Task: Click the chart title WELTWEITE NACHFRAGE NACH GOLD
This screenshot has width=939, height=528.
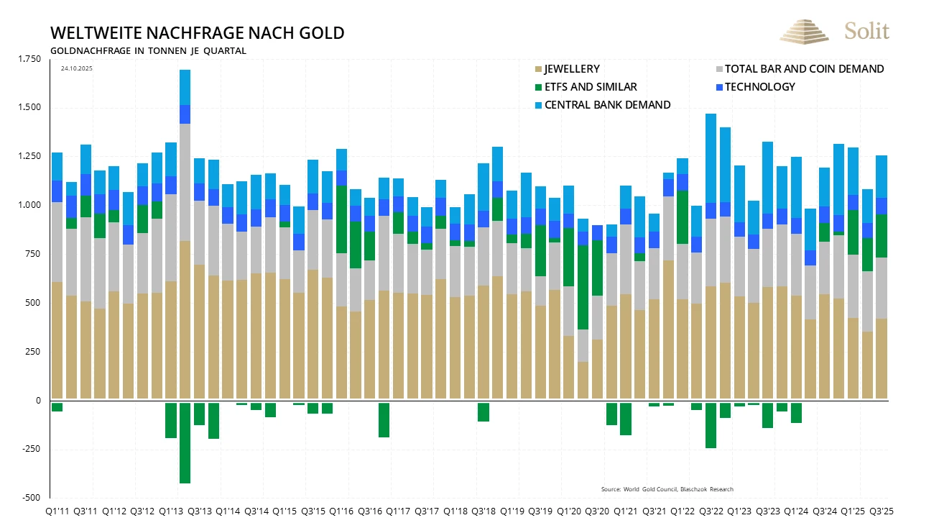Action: pos(197,33)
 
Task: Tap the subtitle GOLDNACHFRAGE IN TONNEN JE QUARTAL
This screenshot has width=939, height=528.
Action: pos(148,51)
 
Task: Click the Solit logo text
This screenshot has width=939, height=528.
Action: pos(866,31)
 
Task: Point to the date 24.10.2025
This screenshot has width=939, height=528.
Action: pos(77,68)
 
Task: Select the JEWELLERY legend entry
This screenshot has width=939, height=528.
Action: pos(571,69)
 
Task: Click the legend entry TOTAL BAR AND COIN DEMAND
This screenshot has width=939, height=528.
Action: pos(804,69)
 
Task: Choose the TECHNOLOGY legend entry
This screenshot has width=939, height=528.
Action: pos(759,87)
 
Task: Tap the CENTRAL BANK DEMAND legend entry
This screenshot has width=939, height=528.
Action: pos(607,105)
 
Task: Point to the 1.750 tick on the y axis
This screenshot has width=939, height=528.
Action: pos(30,59)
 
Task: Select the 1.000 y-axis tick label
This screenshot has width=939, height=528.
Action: pos(30,205)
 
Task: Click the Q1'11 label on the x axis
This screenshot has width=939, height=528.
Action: pos(57,511)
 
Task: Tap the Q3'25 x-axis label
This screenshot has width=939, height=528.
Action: pos(881,511)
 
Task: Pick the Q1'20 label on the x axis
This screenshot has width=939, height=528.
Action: pos(569,511)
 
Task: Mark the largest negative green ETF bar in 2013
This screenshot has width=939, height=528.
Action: pos(185,442)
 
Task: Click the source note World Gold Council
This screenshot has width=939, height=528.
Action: pos(667,489)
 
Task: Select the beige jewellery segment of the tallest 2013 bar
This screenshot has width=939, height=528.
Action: pos(185,320)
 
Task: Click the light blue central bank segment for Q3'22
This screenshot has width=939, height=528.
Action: pos(711,158)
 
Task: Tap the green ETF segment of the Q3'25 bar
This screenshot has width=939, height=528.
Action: pos(881,236)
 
